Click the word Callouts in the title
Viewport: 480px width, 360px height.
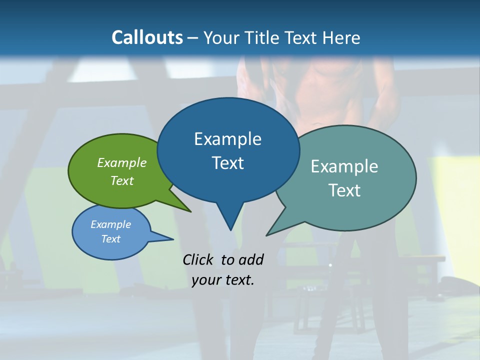[x=147, y=37]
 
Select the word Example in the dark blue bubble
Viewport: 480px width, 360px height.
[x=227, y=139]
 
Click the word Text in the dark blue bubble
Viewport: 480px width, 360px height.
[x=227, y=163]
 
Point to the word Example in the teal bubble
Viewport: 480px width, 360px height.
[x=344, y=166]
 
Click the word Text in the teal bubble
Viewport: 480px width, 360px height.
[x=344, y=190]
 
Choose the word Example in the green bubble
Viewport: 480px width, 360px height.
[x=122, y=163]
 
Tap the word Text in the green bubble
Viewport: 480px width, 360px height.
[x=122, y=180]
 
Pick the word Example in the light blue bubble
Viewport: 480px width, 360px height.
[x=111, y=224]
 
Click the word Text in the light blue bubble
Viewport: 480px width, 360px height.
[x=111, y=239]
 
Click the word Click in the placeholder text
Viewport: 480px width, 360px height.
[x=198, y=259]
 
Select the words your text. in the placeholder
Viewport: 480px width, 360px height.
[x=223, y=280]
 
